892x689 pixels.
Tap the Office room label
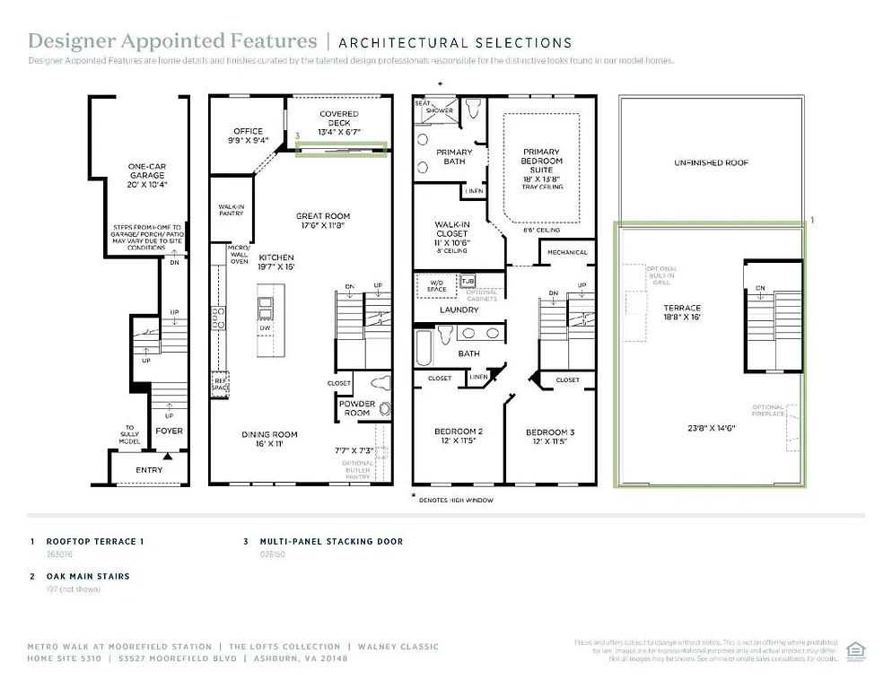tap(249, 135)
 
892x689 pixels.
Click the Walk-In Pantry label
tap(232, 210)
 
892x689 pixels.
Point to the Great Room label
tap(323, 221)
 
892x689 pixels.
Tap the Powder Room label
tap(357, 408)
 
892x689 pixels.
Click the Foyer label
tap(169, 431)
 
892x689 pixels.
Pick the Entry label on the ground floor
tap(149, 469)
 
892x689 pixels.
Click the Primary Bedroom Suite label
tap(541, 166)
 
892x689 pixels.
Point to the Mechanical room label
tap(567, 253)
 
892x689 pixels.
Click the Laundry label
tap(459, 310)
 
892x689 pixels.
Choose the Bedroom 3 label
tap(550, 437)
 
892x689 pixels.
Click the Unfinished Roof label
tap(711, 163)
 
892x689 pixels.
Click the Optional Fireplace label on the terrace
tap(769, 411)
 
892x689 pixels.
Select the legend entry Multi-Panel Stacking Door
tap(331, 542)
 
